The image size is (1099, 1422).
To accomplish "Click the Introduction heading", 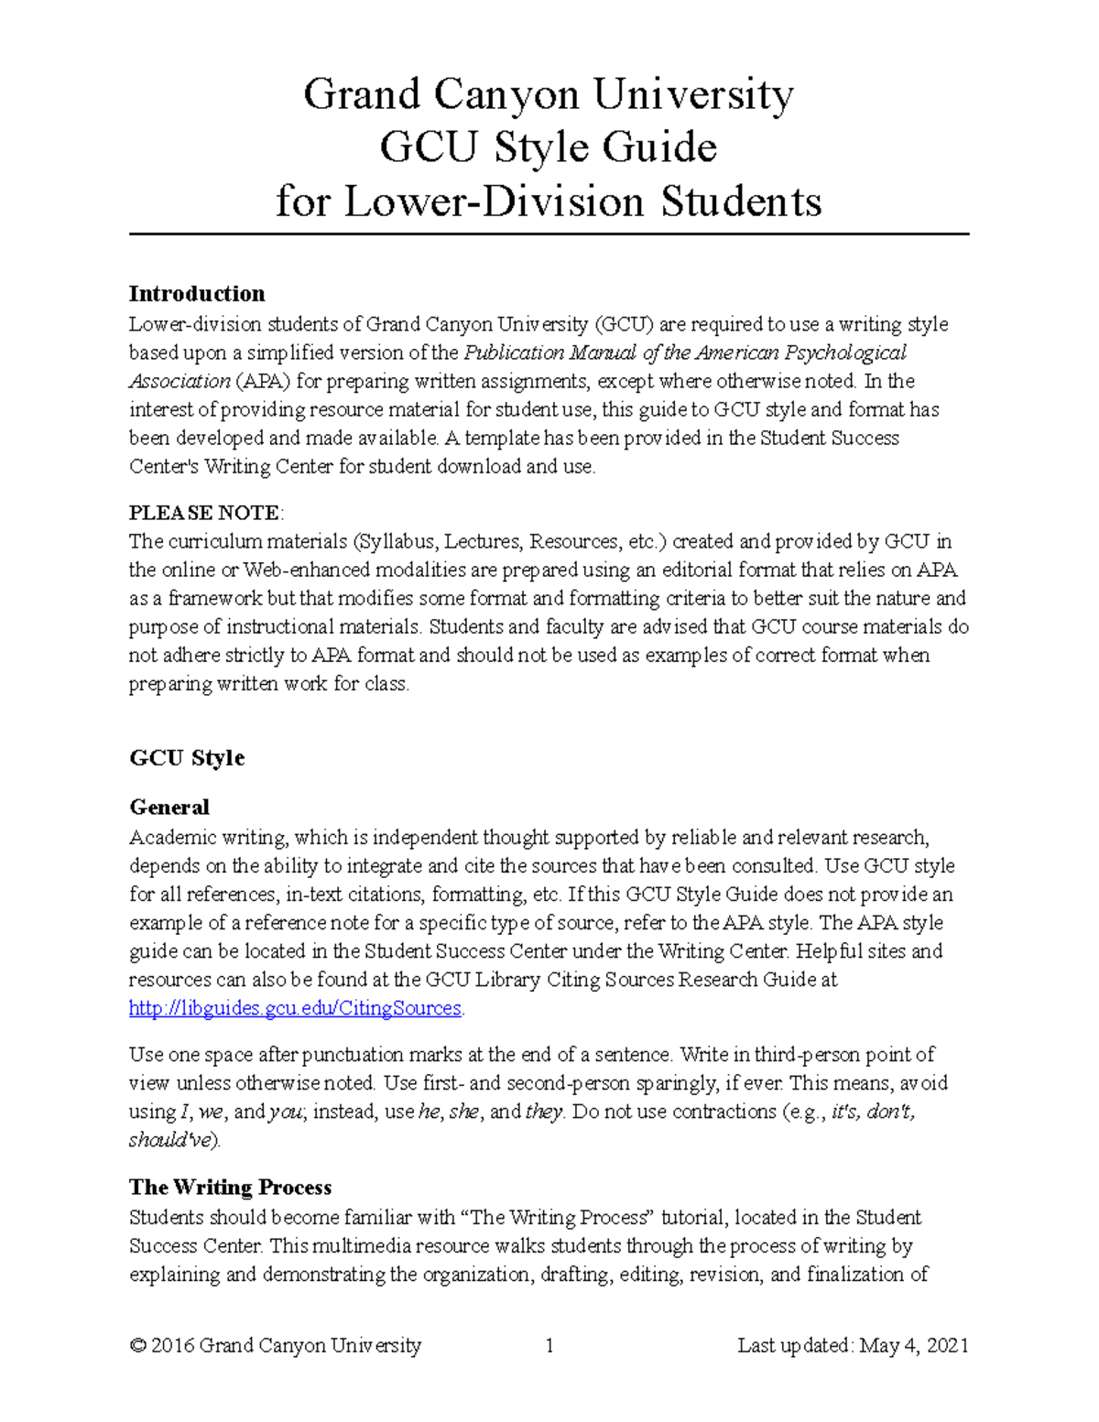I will coord(197,294).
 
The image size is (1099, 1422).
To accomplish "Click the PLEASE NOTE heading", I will coord(205,513).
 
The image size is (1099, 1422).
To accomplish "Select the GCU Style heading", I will coord(187,758).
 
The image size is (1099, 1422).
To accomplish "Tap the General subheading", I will coord(169,808).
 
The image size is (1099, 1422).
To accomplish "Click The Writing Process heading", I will coord(230,1188).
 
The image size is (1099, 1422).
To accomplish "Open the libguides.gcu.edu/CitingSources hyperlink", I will coord(295,1008).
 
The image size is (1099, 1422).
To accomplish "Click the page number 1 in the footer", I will coord(549,1346).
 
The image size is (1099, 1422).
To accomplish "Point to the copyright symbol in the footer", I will coord(138,1346).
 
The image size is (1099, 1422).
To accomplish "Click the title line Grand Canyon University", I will coord(548,94).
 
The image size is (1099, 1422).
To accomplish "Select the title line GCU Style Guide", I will coord(548,147).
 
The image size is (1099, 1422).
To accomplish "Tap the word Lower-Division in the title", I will coord(494,201).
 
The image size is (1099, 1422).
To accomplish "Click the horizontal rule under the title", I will coord(548,234).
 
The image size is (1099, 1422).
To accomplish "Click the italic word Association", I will coord(180,381).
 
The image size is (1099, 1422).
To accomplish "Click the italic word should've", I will coord(172,1140).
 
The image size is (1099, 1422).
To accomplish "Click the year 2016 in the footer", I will coord(171,1346).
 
